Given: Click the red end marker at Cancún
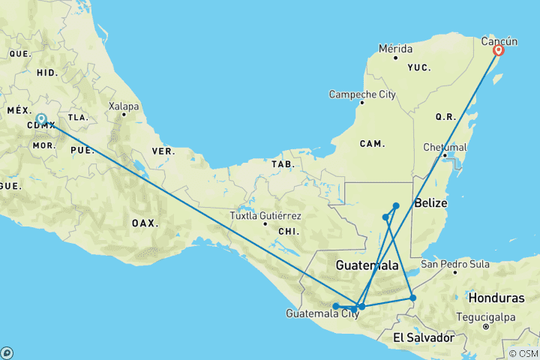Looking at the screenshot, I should click(497, 51).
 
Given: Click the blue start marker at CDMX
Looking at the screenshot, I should click(42, 119).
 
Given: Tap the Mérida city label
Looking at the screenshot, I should click(395, 49).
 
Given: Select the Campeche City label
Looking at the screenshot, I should click(361, 94).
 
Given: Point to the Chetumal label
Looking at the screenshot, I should click(445, 146).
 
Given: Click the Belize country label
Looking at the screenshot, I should click(430, 203).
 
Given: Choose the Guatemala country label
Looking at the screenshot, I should click(367, 265).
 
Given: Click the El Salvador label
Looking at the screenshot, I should click(424, 337).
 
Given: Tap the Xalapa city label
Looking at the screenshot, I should click(124, 106).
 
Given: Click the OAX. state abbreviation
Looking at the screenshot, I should click(144, 223).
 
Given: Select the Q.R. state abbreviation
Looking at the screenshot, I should click(446, 117).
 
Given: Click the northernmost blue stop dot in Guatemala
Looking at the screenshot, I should click(396, 205).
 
